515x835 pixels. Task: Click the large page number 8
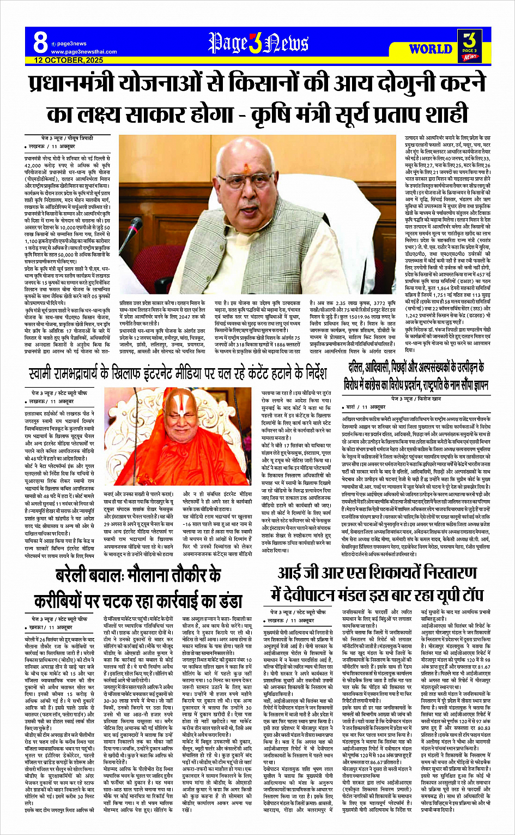coord(41,42)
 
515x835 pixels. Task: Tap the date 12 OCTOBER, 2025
coord(68,60)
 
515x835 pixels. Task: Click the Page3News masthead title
coord(258,44)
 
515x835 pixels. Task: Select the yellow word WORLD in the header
coord(431,49)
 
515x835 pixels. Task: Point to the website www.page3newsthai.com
coord(83,52)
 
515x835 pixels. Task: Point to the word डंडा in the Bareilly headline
coord(223,600)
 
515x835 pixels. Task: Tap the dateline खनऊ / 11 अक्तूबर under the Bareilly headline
coord(52,627)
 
